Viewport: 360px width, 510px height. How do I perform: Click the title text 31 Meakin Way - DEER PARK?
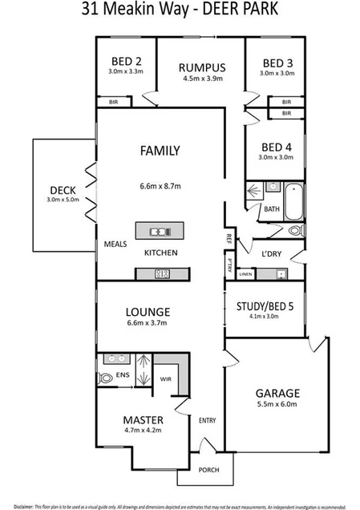tap(180, 10)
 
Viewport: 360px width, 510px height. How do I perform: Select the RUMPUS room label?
tap(201, 67)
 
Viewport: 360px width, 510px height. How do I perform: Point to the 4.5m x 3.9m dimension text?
tap(201, 79)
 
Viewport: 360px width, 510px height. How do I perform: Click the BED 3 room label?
tap(276, 62)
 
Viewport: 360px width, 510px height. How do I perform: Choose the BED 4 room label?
tap(276, 147)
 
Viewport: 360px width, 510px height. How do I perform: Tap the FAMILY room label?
tap(160, 150)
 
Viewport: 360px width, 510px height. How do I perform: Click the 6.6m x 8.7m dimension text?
tap(160, 186)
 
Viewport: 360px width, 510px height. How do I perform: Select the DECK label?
tap(63, 190)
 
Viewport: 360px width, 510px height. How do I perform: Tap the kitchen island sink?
tap(160, 233)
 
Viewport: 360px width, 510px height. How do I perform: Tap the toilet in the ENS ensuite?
tap(107, 378)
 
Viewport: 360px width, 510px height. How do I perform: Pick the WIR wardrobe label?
tap(166, 378)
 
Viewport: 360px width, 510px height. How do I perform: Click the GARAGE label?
tap(277, 393)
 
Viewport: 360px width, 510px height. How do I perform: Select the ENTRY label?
tap(208, 420)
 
